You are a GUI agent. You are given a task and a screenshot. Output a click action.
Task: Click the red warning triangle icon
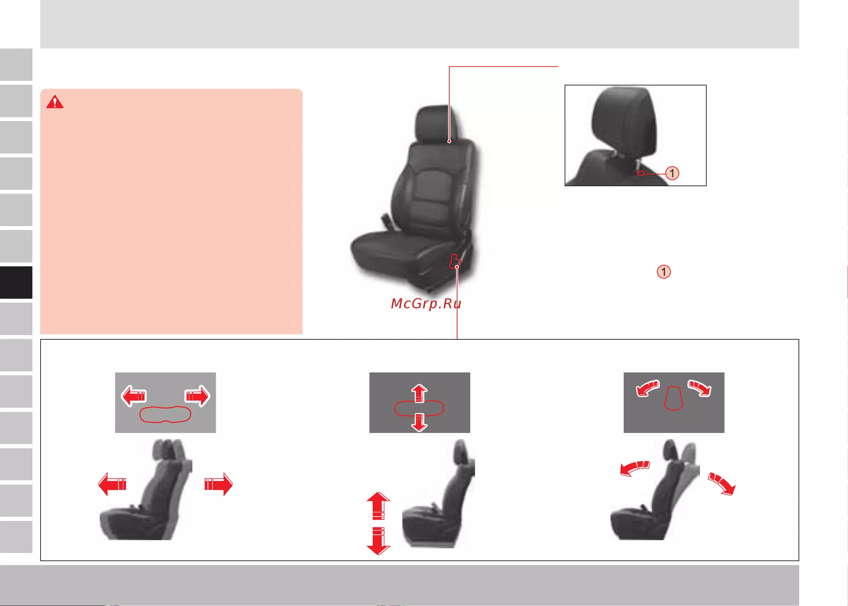(55, 102)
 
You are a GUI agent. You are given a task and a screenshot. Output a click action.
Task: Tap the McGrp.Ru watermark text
(426, 304)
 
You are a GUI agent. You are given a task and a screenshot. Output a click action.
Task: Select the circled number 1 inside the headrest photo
(672, 173)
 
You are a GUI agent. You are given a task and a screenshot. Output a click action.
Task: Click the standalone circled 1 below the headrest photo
(664, 272)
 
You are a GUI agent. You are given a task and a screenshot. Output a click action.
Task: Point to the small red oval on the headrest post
(641, 173)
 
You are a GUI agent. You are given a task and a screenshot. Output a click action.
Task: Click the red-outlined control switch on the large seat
(454, 261)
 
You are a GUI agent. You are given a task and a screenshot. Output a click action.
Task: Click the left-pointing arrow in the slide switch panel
(134, 396)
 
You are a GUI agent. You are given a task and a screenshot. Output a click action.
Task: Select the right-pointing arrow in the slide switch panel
(197, 396)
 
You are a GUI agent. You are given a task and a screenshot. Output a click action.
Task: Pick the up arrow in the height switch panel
(419, 394)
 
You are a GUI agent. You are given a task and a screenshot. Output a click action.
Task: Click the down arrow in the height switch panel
(419, 422)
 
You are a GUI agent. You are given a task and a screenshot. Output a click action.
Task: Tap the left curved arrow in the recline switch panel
(647, 388)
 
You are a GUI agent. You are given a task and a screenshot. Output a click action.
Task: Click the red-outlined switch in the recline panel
(674, 398)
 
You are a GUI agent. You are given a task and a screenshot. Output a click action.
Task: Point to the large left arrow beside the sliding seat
(112, 484)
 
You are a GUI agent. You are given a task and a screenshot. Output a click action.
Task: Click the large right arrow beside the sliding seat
(219, 484)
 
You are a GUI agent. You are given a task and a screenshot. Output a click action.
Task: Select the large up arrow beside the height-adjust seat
(378, 506)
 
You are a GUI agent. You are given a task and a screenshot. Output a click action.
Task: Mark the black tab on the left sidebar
(16, 282)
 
